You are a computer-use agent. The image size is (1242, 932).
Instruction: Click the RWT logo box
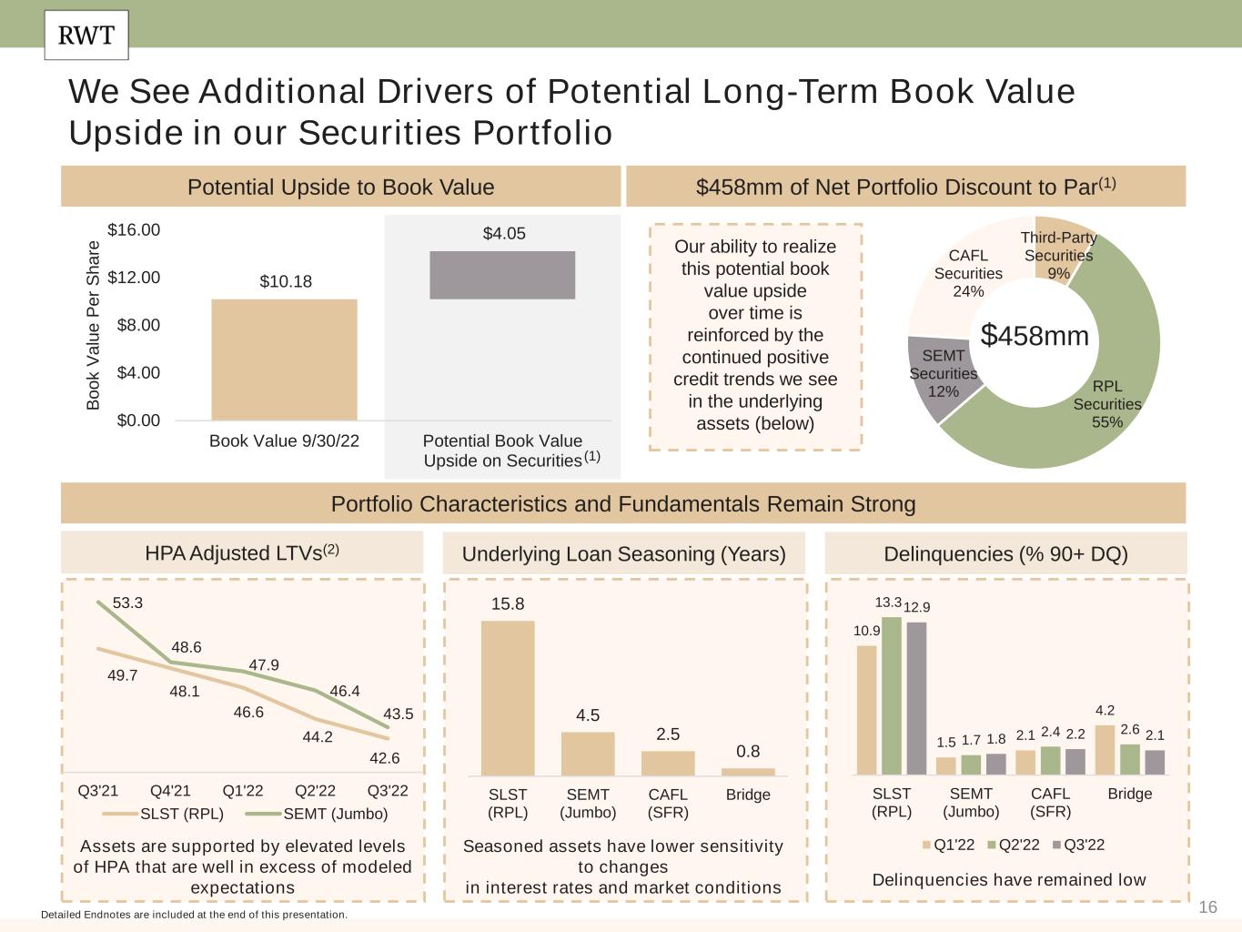[86, 35]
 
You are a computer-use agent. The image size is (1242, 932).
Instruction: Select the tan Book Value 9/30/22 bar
[284, 360]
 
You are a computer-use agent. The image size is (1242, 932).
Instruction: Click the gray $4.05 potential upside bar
[502, 275]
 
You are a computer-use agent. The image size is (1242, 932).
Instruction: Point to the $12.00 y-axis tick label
[134, 278]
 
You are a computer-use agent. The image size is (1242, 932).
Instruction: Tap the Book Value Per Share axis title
[93, 325]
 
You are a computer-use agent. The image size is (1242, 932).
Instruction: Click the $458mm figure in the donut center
[1035, 336]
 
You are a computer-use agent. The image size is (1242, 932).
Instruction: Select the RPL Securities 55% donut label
[1106, 404]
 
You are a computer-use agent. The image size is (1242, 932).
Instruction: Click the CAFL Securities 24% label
[968, 273]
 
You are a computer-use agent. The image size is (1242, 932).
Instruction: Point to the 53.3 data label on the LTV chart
[127, 603]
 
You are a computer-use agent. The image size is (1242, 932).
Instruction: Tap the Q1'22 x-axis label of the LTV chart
[243, 791]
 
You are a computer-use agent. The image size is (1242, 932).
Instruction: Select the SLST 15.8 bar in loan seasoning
[508, 698]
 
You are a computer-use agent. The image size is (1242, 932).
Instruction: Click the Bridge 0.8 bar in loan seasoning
[748, 772]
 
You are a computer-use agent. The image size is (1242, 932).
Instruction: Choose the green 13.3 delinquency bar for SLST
[892, 695]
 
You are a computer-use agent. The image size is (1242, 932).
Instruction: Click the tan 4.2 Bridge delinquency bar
[1105, 749]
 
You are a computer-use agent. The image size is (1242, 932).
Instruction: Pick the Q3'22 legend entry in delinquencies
[1078, 845]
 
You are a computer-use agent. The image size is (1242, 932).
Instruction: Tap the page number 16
[1208, 907]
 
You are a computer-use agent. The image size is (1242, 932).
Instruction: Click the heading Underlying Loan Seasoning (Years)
[624, 554]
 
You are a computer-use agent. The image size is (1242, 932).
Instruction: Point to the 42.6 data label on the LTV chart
[384, 758]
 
